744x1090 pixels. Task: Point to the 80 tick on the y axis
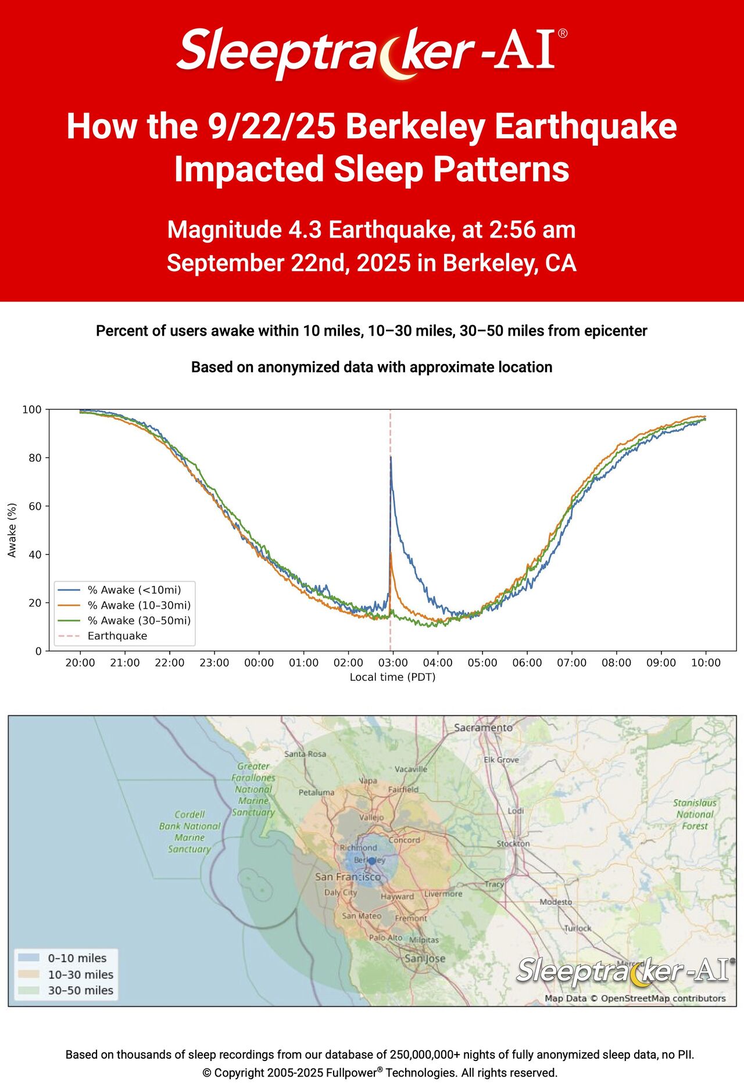coord(35,458)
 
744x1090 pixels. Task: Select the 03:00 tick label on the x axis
coord(393,663)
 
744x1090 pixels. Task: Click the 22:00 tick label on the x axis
coord(170,663)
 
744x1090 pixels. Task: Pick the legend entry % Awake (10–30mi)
coord(139,605)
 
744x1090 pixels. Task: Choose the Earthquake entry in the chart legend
coord(117,636)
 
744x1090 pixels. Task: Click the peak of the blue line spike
coord(391,457)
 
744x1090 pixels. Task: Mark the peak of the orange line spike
coord(391,553)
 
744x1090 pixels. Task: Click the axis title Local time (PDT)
coord(392,677)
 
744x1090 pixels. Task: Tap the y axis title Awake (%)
coord(12,530)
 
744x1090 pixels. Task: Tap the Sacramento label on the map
coord(483,728)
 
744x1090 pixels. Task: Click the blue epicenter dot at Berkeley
coord(372,861)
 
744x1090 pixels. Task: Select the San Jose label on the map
coord(425,958)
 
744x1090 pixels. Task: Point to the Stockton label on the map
coord(513,843)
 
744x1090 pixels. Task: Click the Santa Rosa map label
coord(305,754)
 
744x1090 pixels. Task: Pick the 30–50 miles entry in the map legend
coord(80,990)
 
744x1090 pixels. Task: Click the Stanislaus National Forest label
coord(695,814)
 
